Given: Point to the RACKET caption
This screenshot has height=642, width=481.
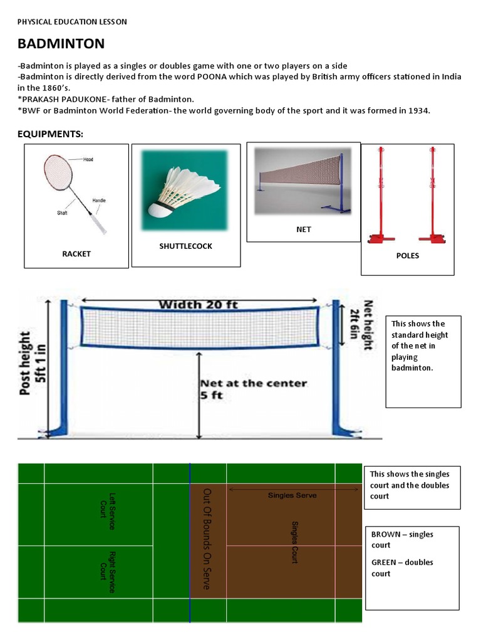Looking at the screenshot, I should (76, 254).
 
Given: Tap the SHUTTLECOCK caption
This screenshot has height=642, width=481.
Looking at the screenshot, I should (185, 246).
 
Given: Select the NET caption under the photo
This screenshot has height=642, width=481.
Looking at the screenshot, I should (303, 229).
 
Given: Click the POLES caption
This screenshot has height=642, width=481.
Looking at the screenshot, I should (408, 256).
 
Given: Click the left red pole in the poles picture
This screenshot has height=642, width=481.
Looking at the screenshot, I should (378, 194).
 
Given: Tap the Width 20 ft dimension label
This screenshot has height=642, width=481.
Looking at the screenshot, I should (197, 305).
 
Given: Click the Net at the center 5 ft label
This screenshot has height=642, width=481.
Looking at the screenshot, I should (253, 389).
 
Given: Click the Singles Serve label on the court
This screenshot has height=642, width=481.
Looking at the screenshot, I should (292, 495).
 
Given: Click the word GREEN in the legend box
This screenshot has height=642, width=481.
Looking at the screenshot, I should (385, 562).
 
